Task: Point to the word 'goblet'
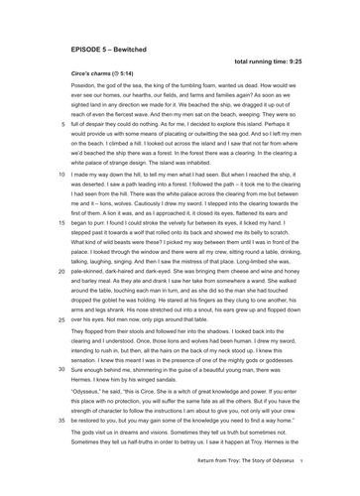pos(120,300)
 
